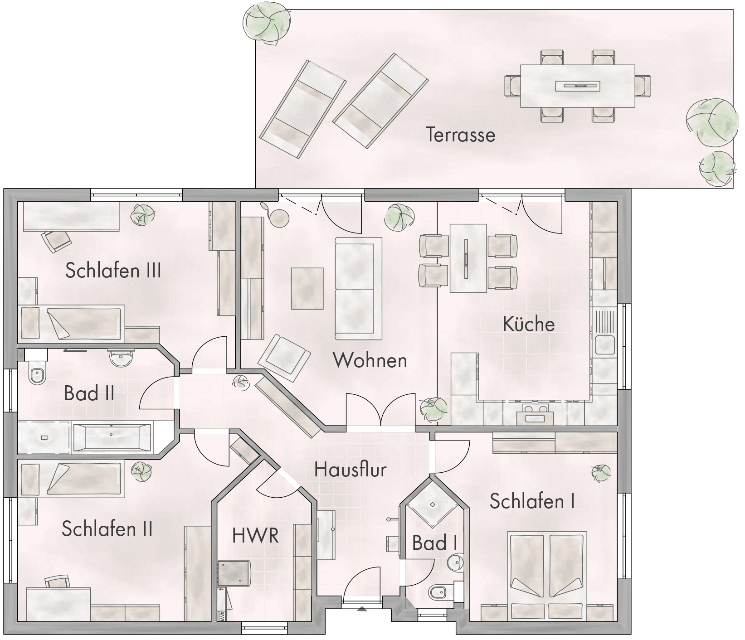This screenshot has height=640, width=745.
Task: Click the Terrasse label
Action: click(460, 135)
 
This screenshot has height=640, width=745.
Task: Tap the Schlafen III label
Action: click(113, 271)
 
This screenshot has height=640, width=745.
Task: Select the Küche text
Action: click(529, 324)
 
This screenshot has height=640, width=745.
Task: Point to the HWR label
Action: click(255, 535)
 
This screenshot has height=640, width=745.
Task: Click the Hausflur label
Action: click(351, 470)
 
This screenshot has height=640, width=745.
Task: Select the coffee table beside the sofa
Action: click(307, 288)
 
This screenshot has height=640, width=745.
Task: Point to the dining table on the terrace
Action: click(577, 86)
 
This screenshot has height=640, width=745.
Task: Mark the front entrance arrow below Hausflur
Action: click(361, 609)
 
